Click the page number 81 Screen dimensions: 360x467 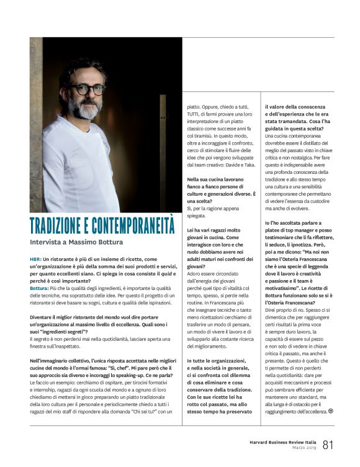tap(328, 444)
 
